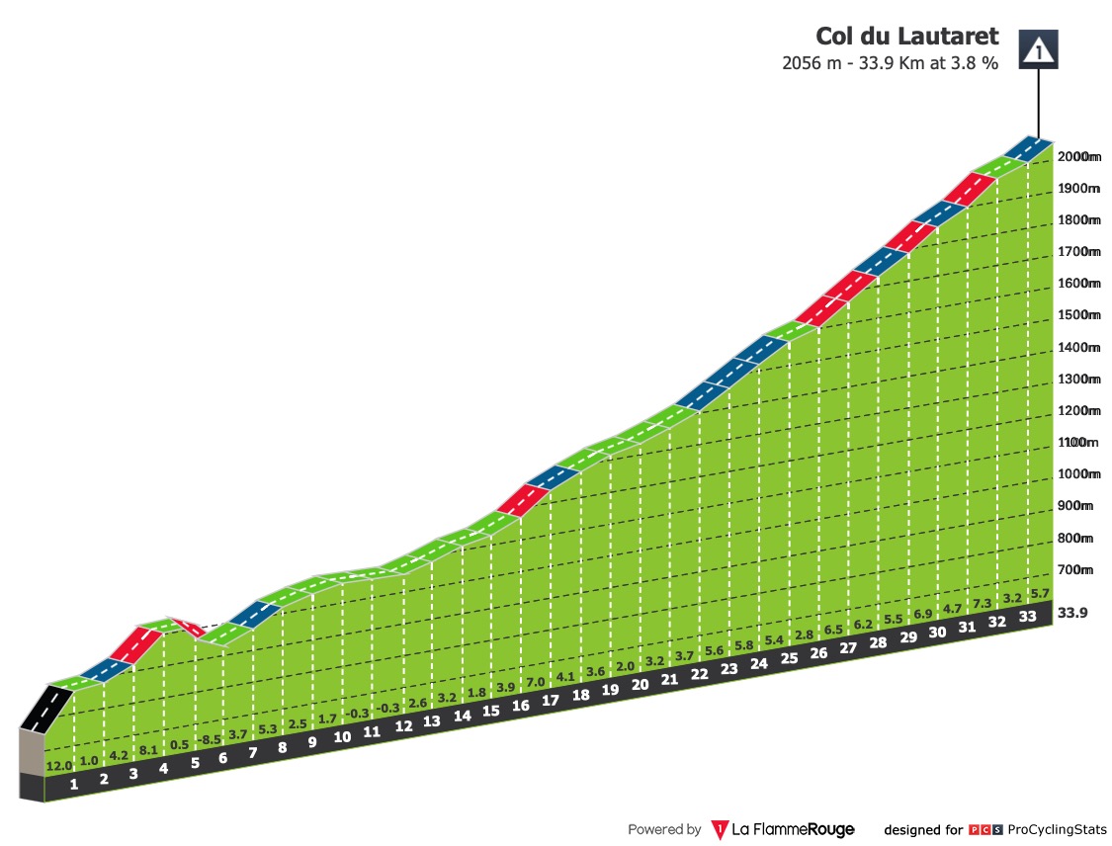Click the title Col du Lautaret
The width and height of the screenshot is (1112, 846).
point(906,37)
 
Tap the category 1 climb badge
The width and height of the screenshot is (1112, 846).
point(1039,47)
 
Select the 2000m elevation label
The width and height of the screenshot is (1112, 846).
point(1078,156)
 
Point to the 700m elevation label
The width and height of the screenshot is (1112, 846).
point(1076,570)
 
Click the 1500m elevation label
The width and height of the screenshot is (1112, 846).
point(1078,315)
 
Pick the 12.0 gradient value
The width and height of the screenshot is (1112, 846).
point(60,767)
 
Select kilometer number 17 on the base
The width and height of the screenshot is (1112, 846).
point(551,701)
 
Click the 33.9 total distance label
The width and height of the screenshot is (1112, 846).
point(1073,613)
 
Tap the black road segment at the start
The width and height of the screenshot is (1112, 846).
point(45,709)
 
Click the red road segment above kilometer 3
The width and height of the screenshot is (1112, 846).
point(137,644)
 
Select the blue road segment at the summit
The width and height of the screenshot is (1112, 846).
point(1027,148)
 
